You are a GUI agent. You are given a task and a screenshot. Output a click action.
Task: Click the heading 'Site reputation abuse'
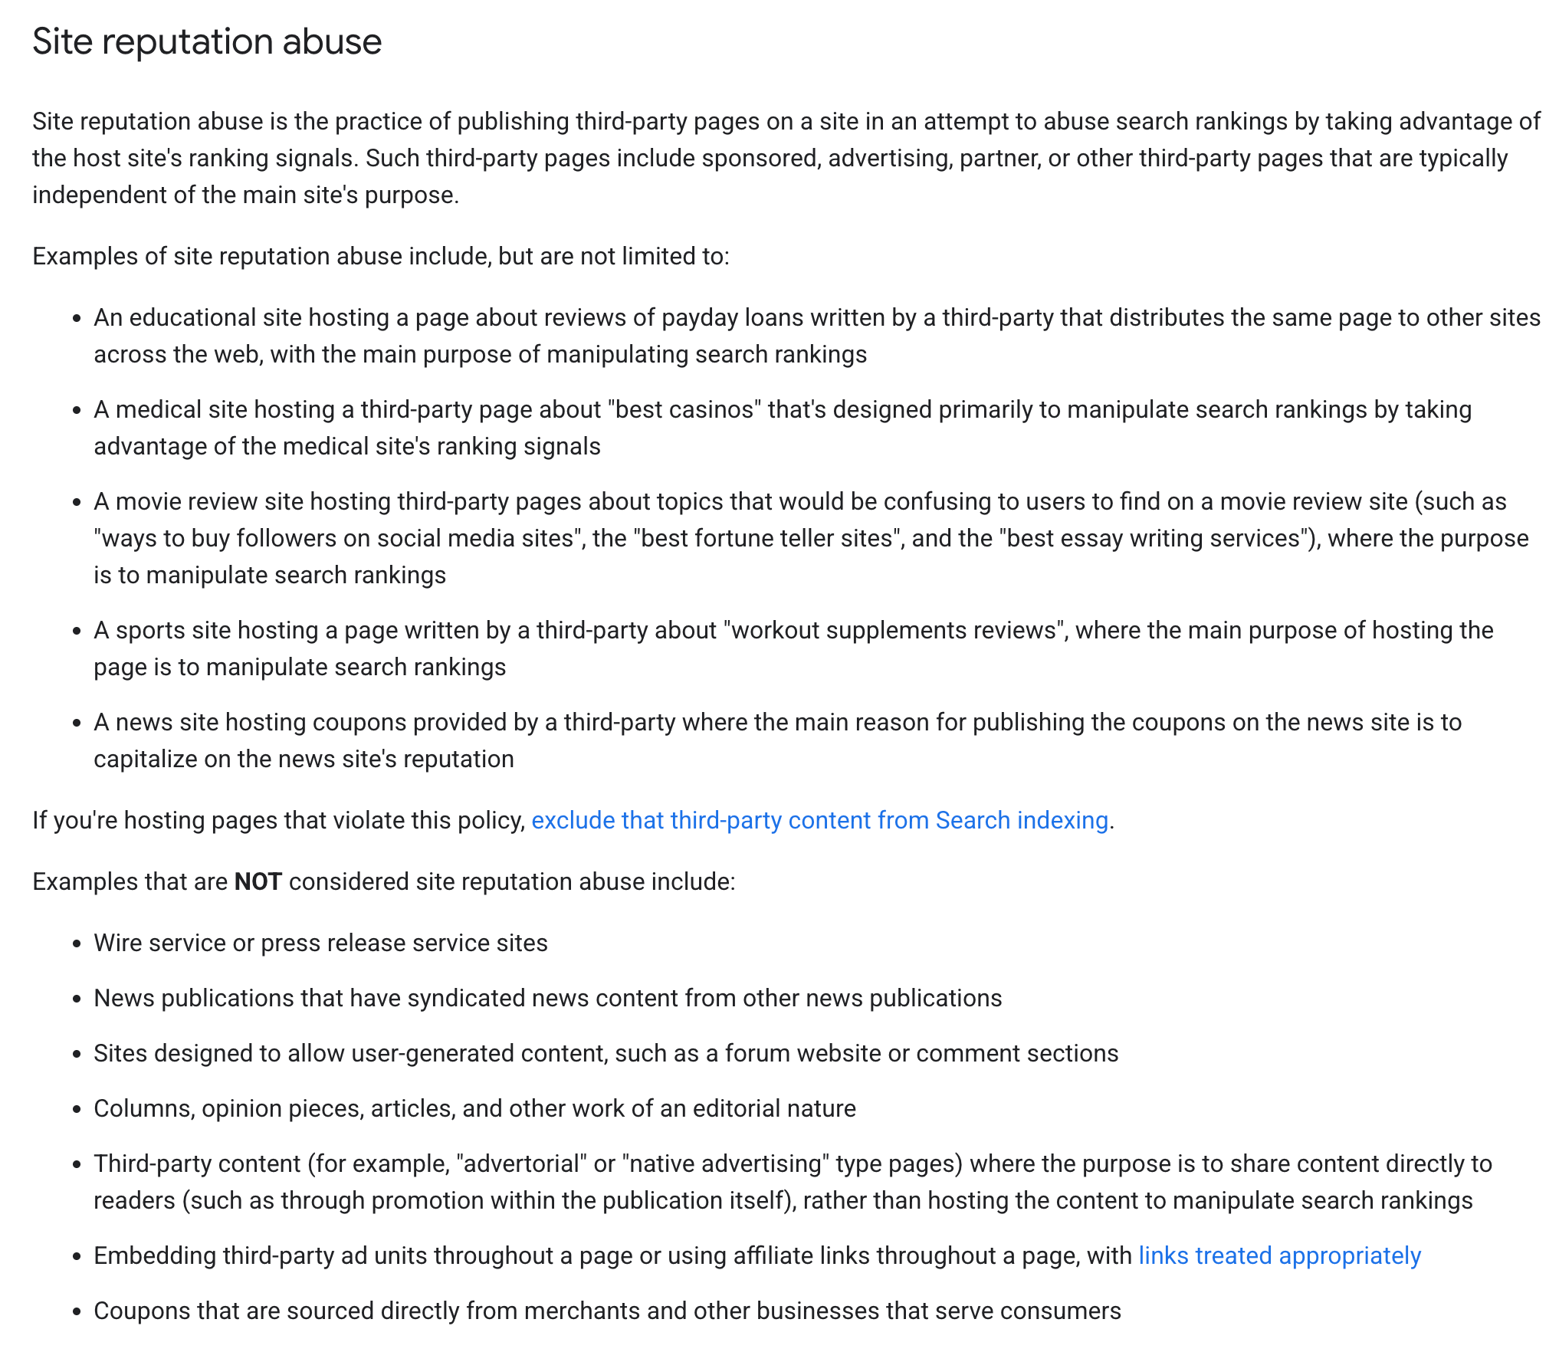point(207,41)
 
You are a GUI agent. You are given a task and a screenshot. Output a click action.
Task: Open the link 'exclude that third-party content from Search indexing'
point(819,820)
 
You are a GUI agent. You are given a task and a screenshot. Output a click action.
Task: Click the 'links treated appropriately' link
point(1279,1255)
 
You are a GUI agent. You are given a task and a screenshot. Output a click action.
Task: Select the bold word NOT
point(258,881)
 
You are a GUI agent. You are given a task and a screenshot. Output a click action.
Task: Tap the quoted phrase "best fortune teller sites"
point(766,538)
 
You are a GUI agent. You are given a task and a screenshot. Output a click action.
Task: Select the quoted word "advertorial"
point(521,1163)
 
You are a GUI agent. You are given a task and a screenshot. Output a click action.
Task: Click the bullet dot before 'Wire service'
point(77,943)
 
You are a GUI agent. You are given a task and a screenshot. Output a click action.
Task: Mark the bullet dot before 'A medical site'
point(77,410)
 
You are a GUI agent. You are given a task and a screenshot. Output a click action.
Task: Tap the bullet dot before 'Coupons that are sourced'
point(77,1311)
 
